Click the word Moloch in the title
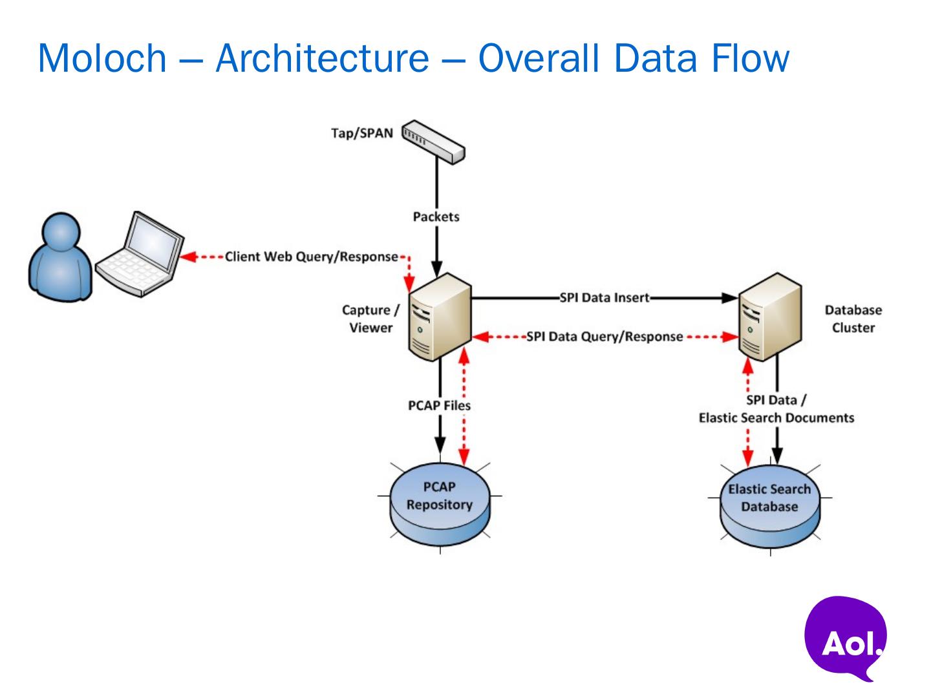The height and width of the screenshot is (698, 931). tap(102, 58)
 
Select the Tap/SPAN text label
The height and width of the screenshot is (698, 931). tap(362, 134)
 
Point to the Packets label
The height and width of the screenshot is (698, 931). tap(436, 217)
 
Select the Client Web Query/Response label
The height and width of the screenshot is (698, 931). tap(312, 257)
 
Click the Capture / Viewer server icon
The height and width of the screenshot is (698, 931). tap(440, 317)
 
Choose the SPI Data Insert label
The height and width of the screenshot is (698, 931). tap(605, 297)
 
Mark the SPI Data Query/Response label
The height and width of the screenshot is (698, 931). tap(605, 337)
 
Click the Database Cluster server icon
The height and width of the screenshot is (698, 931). tap(770, 317)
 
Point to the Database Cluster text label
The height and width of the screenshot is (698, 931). tap(853, 319)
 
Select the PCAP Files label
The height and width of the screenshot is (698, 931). tap(440, 405)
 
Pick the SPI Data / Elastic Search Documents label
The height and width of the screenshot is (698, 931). tap(776, 409)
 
